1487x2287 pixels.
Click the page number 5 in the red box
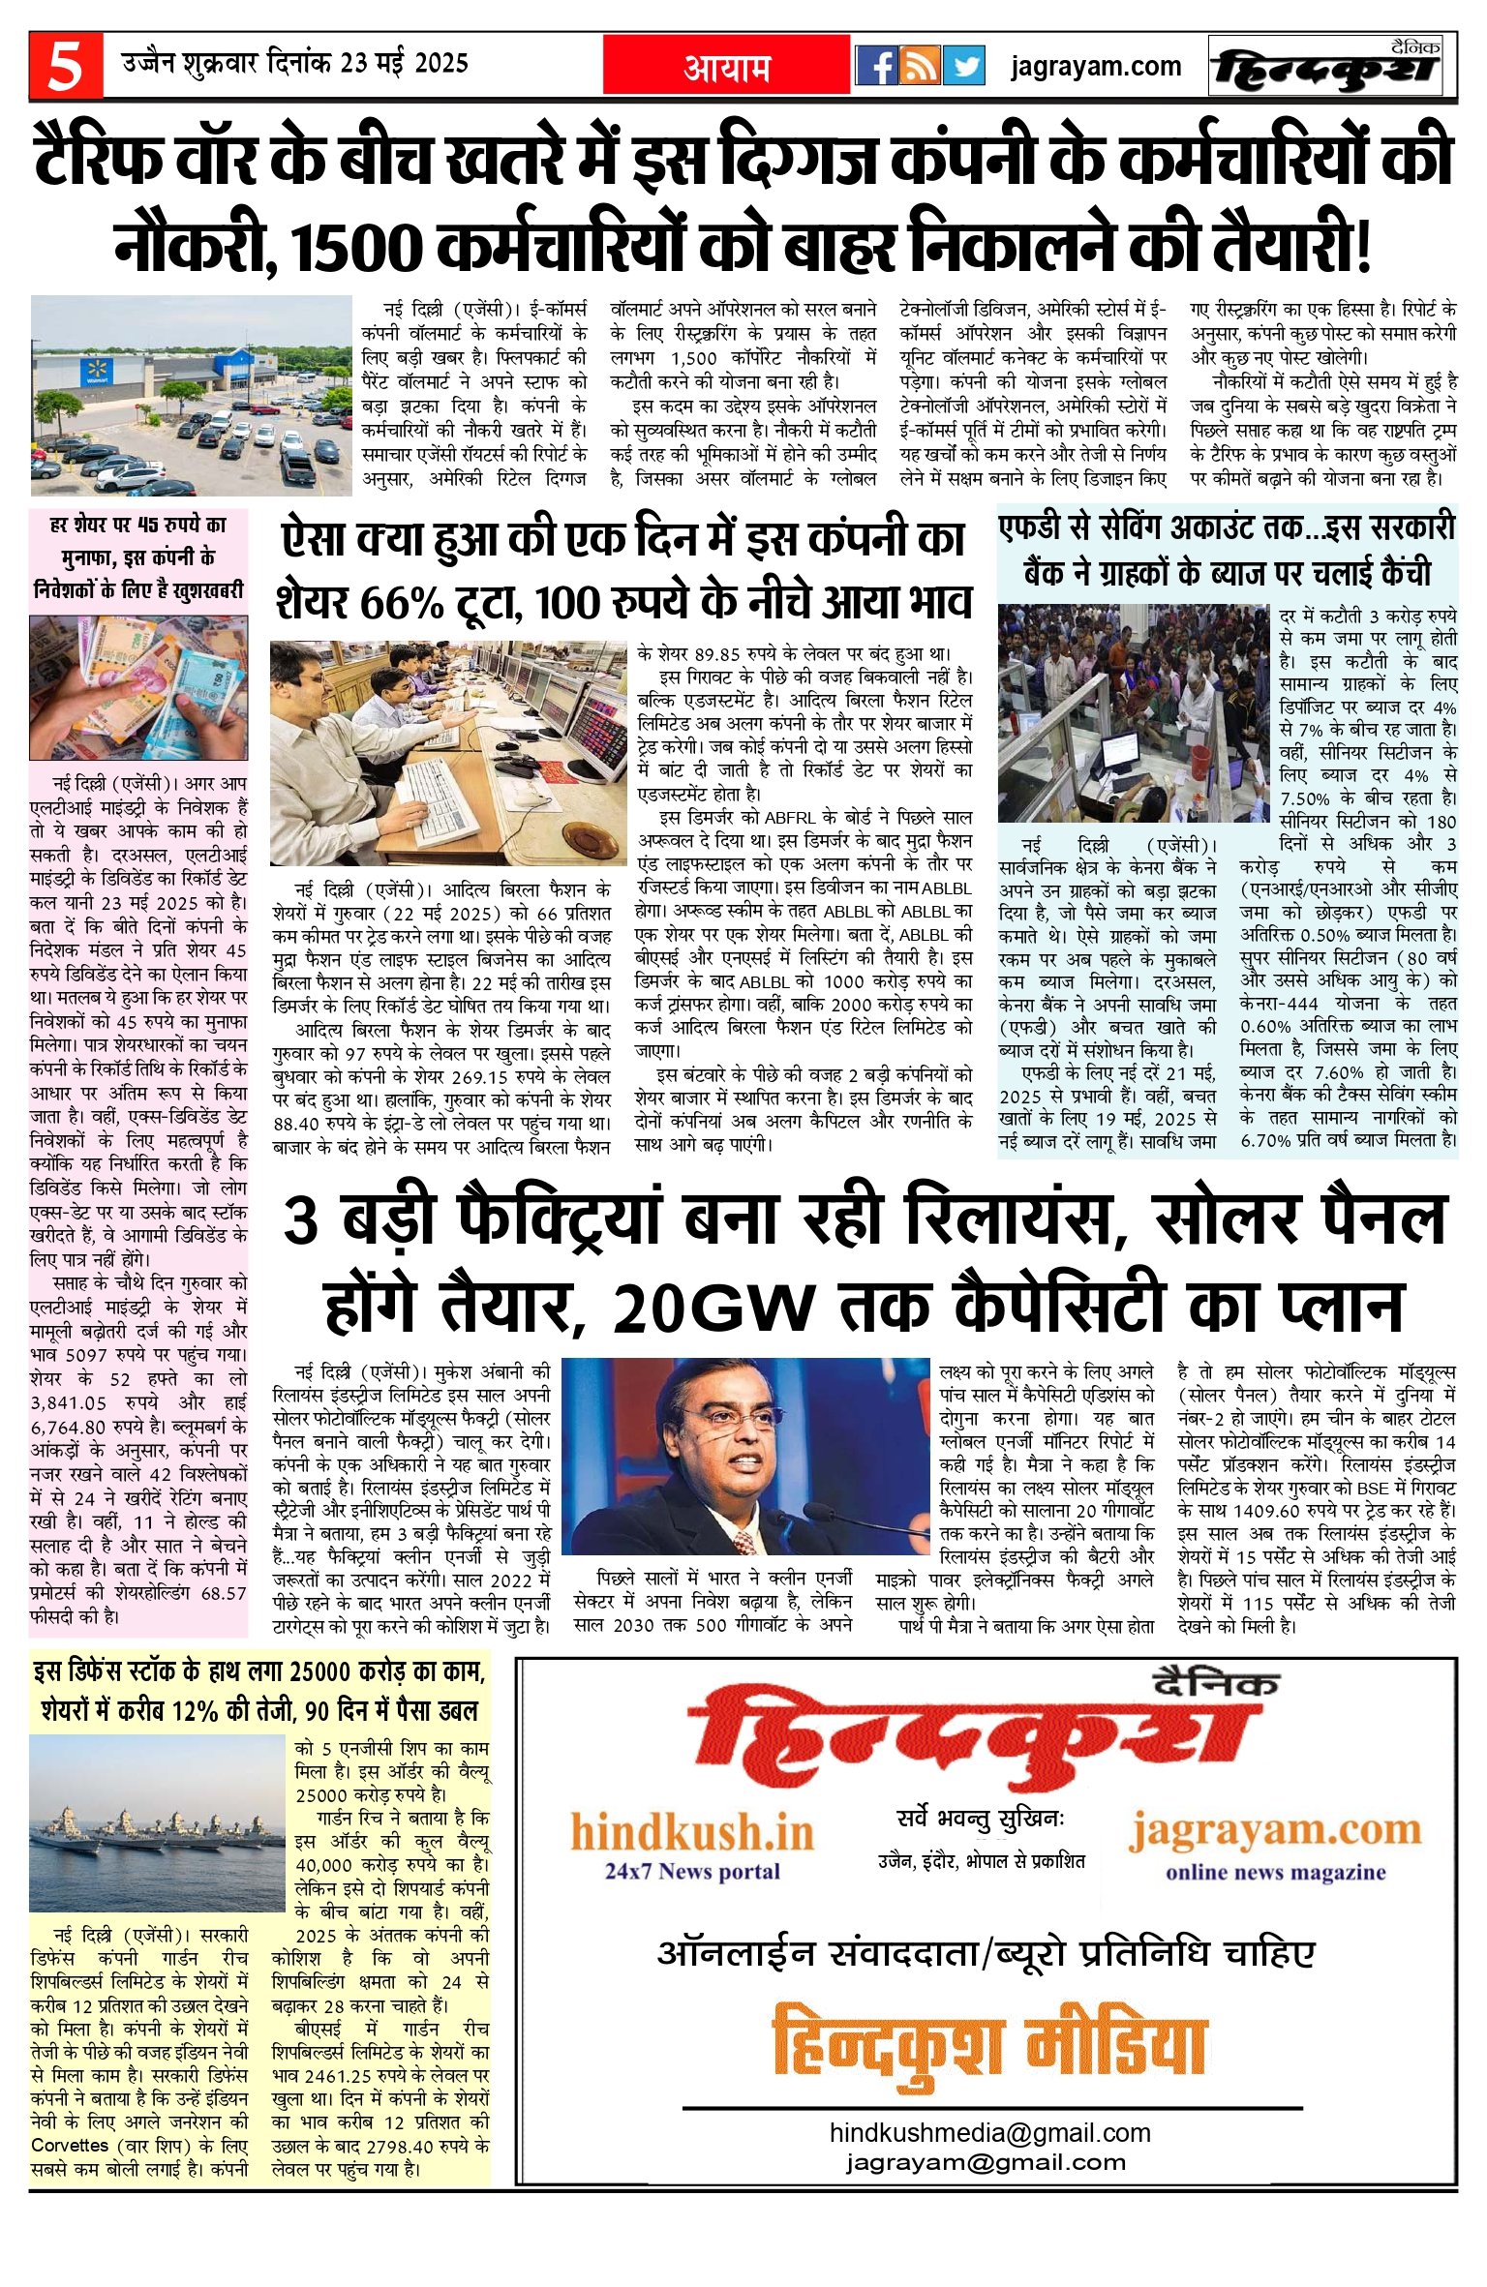66,67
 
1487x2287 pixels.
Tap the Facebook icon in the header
878,67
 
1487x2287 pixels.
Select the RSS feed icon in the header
921,67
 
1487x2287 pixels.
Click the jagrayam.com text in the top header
1095,67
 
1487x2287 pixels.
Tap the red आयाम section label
727,68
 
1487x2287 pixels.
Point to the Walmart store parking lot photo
192,395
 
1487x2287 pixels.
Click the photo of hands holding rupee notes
138,688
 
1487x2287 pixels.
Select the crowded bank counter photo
1132,713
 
